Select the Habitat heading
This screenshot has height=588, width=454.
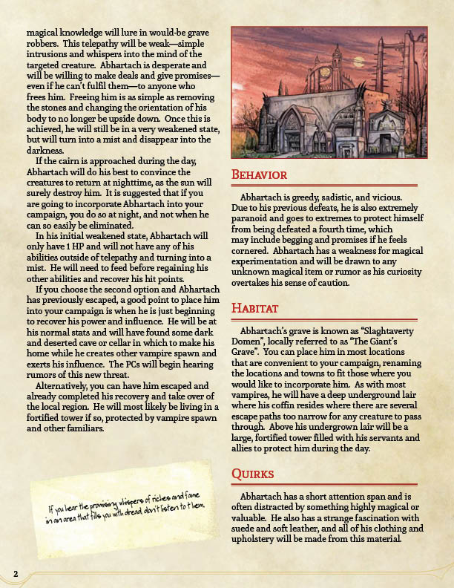255,307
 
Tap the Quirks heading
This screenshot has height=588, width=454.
253,474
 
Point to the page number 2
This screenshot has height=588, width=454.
15,572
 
